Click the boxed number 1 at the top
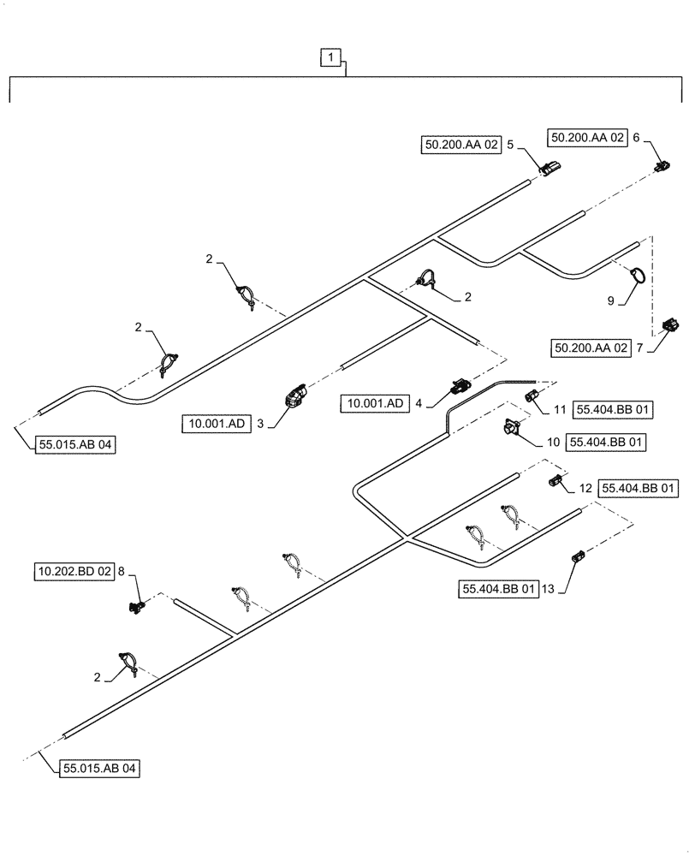pyautogui.click(x=331, y=58)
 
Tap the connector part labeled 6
pyautogui.click(x=661, y=165)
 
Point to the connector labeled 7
pyautogui.click(x=671, y=324)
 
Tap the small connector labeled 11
pyautogui.click(x=530, y=395)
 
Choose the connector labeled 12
pyautogui.click(x=555, y=480)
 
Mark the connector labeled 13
pyautogui.click(x=577, y=558)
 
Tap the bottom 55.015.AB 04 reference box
pyautogui.click(x=100, y=768)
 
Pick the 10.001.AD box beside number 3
pyautogui.click(x=216, y=423)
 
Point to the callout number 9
pyautogui.click(x=610, y=301)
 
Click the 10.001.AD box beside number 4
pyautogui.click(x=376, y=401)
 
